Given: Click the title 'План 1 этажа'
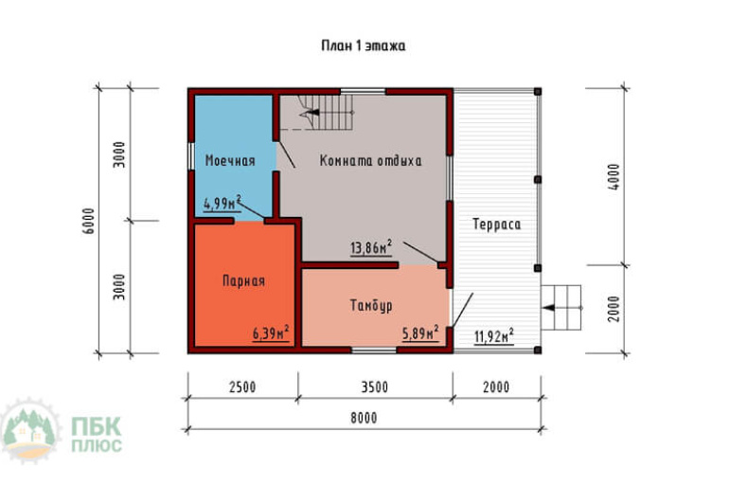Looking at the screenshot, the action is pyautogui.click(x=364, y=45).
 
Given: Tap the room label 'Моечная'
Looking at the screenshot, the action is pyautogui.click(x=230, y=161).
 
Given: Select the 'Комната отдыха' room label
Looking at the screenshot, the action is pyautogui.click(x=370, y=161).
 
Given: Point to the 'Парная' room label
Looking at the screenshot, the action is pyautogui.click(x=243, y=281).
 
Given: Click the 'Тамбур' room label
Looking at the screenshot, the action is pyautogui.click(x=371, y=306).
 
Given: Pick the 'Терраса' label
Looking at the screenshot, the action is pyautogui.click(x=496, y=225).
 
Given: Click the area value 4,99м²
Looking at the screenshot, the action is pyautogui.click(x=222, y=204).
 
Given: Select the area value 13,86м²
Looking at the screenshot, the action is pyautogui.click(x=370, y=247).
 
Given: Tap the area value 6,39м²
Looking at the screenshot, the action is pyautogui.click(x=271, y=333).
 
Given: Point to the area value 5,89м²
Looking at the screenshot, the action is pyautogui.click(x=420, y=333).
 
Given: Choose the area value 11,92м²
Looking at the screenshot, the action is pyautogui.click(x=494, y=335).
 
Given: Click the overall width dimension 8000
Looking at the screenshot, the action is pyautogui.click(x=364, y=418).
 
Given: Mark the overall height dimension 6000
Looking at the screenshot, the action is pyautogui.click(x=89, y=221).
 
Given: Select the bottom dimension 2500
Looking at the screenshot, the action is pyautogui.click(x=242, y=387).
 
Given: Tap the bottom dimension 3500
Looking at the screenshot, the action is pyautogui.click(x=375, y=387).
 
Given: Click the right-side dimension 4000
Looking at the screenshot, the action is pyautogui.click(x=614, y=177).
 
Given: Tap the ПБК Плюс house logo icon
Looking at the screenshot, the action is pyautogui.click(x=30, y=430).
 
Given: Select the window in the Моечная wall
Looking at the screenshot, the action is pyautogui.click(x=191, y=155).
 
